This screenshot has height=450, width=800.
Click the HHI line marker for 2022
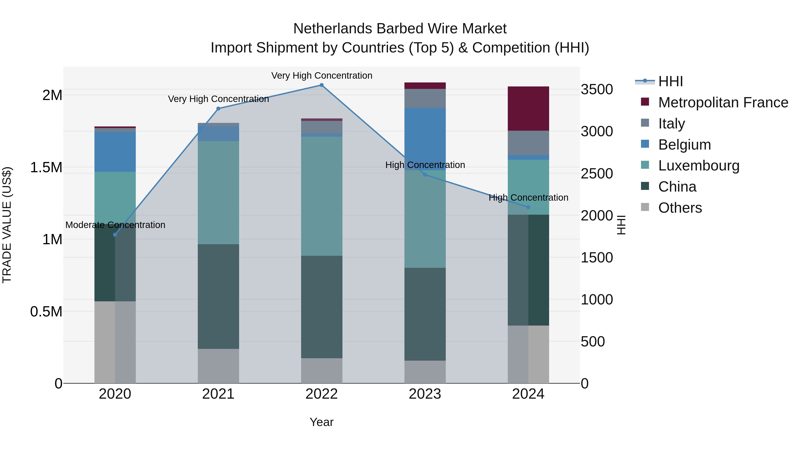click(x=321, y=85)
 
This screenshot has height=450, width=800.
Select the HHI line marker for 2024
click(x=528, y=207)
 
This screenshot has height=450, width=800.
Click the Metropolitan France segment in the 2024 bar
click(x=528, y=108)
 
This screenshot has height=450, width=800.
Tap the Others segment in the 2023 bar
click(x=425, y=372)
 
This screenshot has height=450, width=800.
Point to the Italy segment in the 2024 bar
click(x=528, y=143)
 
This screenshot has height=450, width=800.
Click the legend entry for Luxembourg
click(x=698, y=166)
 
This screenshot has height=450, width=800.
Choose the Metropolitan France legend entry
click(x=723, y=102)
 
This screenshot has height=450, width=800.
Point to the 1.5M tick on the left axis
click(x=46, y=168)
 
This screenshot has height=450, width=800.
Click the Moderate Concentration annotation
click(x=115, y=225)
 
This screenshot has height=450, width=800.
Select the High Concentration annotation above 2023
click(x=425, y=165)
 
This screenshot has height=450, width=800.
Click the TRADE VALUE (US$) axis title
click(x=7, y=225)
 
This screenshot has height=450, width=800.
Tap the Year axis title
click(x=321, y=422)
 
